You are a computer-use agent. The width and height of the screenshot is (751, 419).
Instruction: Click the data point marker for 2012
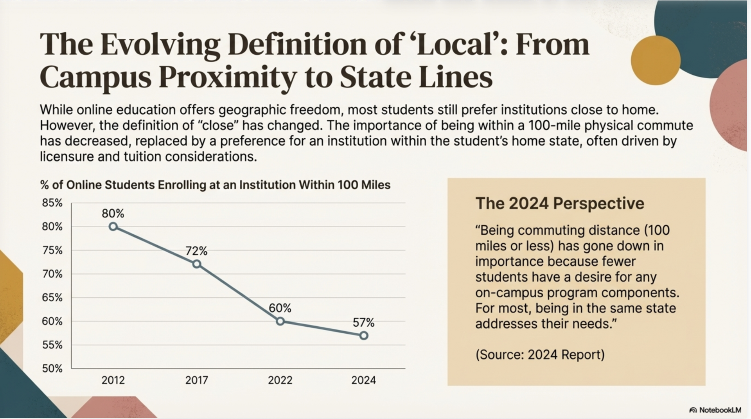[x=113, y=227]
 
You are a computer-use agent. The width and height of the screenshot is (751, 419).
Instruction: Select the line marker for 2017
[x=197, y=264]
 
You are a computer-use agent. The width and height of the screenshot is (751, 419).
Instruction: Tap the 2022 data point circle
[x=280, y=321]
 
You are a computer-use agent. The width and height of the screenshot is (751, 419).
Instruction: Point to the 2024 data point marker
[x=364, y=336]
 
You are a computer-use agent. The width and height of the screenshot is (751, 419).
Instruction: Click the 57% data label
[x=363, y=323]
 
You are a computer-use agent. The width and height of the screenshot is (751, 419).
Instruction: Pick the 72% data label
[x=196, y=251]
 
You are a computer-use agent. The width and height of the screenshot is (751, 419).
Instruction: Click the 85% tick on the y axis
[x=52, y=203]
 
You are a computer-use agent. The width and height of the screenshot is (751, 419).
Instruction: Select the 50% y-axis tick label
[x=52, y=369]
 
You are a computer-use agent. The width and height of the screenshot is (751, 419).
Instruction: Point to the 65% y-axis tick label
[x=52, y=298]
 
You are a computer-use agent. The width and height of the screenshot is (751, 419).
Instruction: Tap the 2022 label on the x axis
[x=280, y=380]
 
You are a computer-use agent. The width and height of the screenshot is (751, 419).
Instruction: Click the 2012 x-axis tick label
[x=113, y=380]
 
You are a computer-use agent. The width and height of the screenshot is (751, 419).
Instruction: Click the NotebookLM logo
[x=715, y=410]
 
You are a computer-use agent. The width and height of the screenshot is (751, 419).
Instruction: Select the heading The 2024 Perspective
[x=559, y=203]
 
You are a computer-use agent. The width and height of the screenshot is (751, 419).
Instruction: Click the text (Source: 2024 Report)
[x=540, y=354]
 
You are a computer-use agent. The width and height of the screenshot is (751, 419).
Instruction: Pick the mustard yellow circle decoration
[x=656, y=60]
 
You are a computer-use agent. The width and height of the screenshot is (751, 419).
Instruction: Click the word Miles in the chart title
[x=375, y=185]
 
